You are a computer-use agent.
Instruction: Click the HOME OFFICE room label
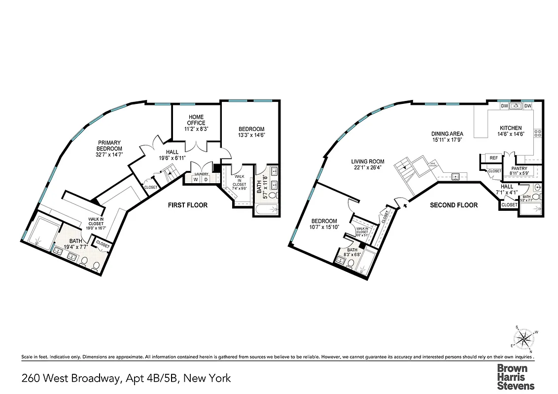196,120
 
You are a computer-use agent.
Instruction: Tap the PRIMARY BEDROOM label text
109,145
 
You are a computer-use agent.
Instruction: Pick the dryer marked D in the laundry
206,180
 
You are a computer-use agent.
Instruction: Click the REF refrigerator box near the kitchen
493,158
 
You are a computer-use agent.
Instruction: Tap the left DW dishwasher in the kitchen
504,106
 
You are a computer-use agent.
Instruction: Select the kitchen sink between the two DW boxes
516,106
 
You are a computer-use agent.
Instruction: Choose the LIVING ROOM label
368,162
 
